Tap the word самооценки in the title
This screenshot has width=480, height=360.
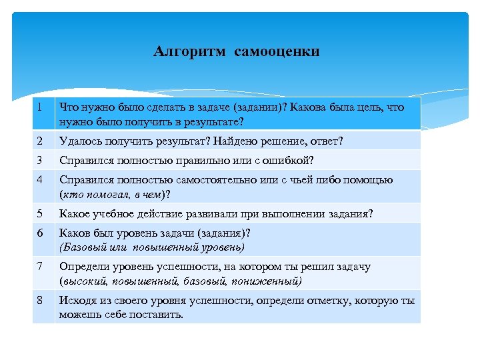pyautogui.click(x=277, y=51)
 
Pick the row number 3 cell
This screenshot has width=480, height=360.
pyautogui.click(x=42, y=160)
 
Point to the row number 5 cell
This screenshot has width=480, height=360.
pyautogui.click(x=42, y=213)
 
